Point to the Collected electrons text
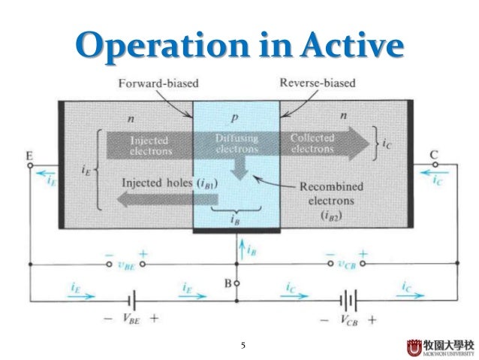point(314,144)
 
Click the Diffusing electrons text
point(236,144)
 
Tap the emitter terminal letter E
point(29,156)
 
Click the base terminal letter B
point(226,285)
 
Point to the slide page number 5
point(243,346)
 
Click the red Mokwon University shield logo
point(412,346)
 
